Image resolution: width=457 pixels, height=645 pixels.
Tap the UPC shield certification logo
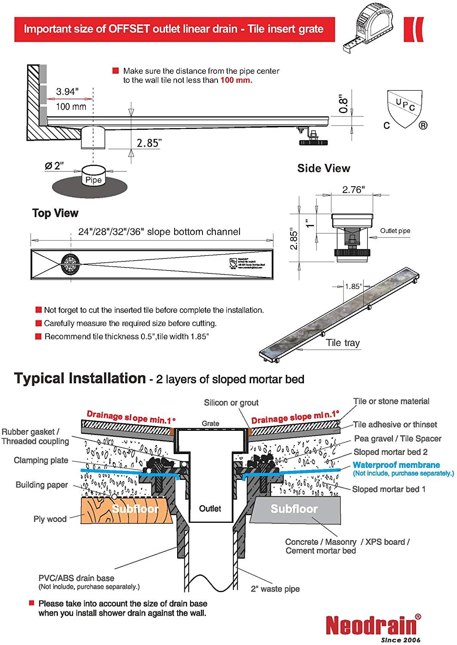(405, 109)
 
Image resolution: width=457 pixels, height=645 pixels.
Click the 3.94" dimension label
(67, 92)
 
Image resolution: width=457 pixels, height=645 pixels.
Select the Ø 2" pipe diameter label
(55, 166)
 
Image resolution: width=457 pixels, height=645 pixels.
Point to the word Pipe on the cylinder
(93, 180)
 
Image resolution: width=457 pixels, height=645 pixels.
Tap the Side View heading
(323, 169)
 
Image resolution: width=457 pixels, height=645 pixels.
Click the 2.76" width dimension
(353, 190)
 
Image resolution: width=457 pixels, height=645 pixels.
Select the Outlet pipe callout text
(395, 231)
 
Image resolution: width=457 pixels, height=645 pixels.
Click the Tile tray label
(343, 343)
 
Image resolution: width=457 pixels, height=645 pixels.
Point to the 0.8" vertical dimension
(343, 104)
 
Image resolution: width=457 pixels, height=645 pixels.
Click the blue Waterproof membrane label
(396, 465)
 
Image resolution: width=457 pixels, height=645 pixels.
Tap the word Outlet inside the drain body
(210, 509)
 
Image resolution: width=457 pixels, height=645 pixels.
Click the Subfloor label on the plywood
(135, 509)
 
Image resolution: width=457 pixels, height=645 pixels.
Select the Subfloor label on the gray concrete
(294, 509)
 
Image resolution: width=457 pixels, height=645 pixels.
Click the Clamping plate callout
(41, 460)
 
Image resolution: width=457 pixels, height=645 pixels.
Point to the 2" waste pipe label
(275, 589)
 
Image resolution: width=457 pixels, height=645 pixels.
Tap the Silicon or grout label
(231, 402)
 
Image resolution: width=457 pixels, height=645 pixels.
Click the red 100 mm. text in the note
(236, 80)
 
